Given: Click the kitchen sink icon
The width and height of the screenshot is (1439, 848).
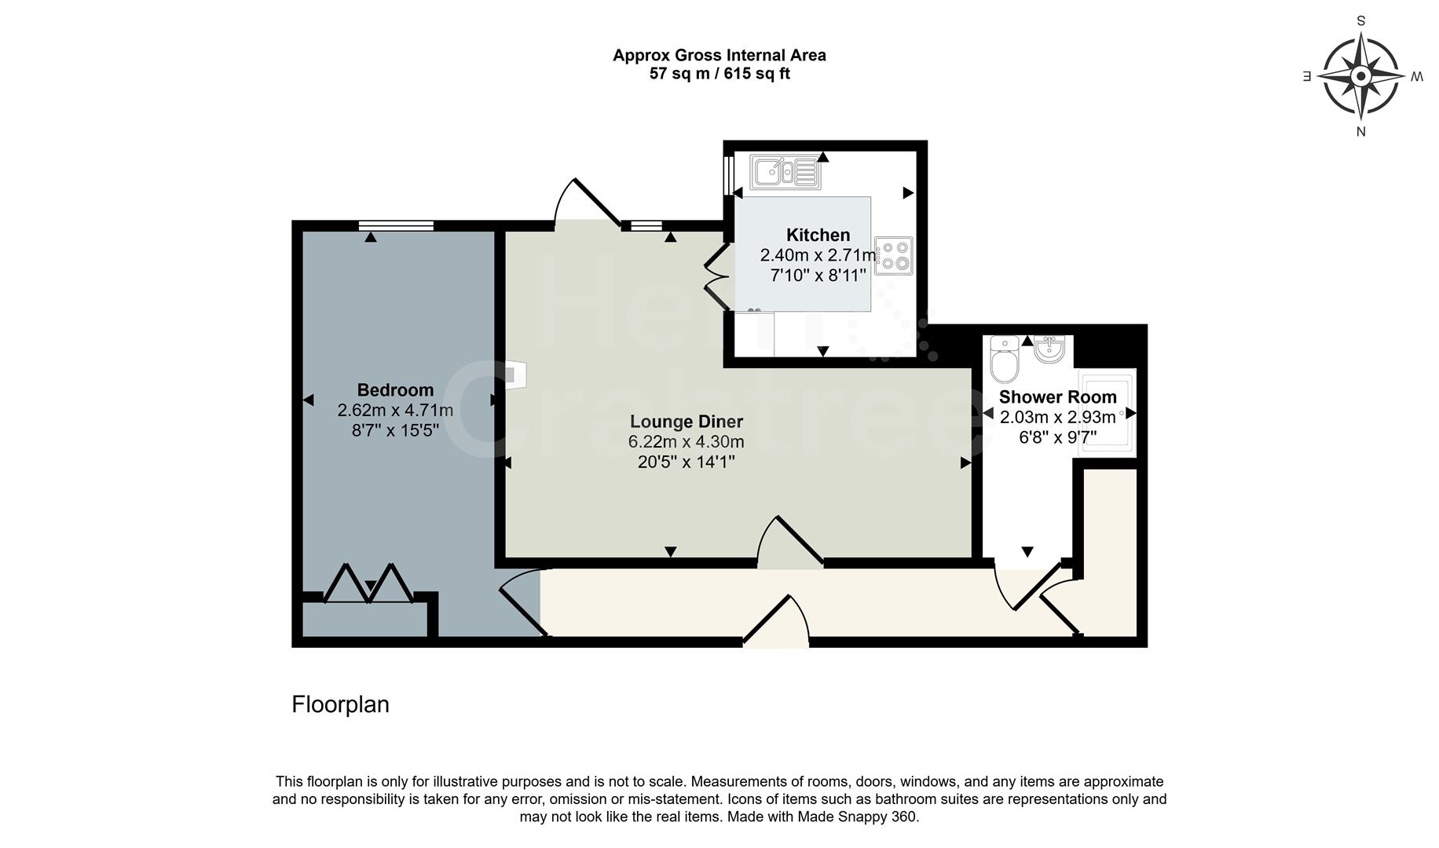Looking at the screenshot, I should click(x=785, y=172).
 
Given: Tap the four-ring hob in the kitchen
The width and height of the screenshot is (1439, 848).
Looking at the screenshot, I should click(x=894, y=255).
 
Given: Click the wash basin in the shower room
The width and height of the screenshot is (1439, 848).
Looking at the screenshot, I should click(x=1049, y=349).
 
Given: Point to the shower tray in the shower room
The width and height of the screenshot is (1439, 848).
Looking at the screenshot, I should click(x=1106, y=411).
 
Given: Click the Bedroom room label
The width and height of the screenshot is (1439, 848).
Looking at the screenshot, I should click(x=395, y=390).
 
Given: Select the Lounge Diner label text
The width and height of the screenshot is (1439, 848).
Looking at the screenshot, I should click(x=686, y=422).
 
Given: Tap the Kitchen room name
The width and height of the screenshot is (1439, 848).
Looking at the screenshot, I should click(x=818, y=235).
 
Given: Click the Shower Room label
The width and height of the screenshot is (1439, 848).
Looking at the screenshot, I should click(x=1057, y=397).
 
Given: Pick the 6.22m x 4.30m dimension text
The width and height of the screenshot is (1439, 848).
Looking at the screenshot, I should click(x=686, y=442).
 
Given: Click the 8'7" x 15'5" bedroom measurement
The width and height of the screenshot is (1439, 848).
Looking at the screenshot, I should click(x=395, y=430).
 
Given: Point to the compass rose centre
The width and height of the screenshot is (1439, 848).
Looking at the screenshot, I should click(x=1361, y=76).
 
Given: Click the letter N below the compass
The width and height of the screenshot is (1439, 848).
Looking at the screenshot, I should click(x=1361, y=132).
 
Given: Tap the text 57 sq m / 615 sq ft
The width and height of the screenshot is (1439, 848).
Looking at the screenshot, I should click(x=719, y=75).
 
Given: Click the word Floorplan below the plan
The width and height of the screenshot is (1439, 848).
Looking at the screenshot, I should click(x=340, y=704).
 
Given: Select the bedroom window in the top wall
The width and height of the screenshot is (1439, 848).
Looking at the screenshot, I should click(x=396, y=226).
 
